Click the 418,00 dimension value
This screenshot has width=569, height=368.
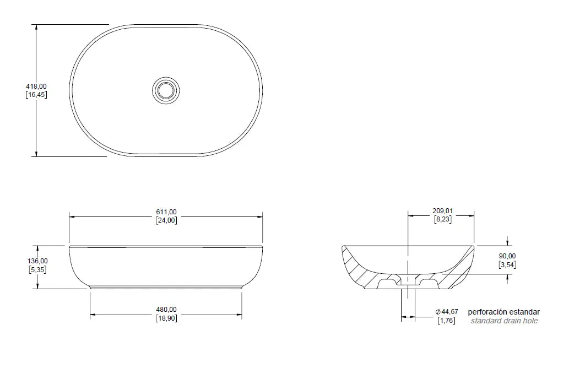pos(36,86)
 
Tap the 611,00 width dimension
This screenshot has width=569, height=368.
pos(166,212)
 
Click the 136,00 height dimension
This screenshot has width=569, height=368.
pos(38,261)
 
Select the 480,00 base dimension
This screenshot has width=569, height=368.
pos(166,310)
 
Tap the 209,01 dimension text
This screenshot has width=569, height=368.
pos(443,211)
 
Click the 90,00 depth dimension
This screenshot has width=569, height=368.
pos(507,256)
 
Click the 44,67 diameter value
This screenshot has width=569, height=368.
pos(449,312)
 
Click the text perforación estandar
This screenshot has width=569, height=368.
pos(503,312)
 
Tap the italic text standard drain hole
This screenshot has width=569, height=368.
pos(504,321)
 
